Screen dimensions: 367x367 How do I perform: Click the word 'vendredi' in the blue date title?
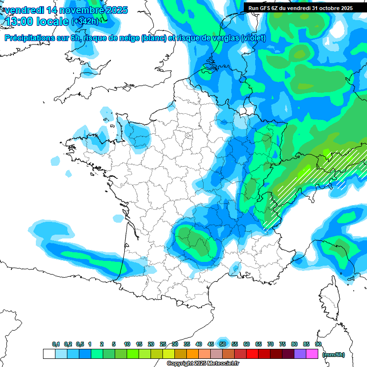[x=24, y=10]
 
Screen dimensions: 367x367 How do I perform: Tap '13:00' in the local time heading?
[x=20, y=21]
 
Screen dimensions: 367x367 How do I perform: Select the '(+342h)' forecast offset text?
[x=85, y=21]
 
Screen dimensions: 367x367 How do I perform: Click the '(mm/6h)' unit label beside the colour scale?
[x=334, y=354]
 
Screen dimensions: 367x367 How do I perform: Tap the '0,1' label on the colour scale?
[x=56, y=344]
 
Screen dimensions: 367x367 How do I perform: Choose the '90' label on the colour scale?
[x=318, y=344]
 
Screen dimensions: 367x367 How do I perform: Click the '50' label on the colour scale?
[x=223, y=344]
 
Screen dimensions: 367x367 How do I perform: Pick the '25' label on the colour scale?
[x=163, y=344]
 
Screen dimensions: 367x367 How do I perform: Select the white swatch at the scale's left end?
[x=49, y=354]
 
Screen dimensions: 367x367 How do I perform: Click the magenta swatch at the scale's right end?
[x=312, y=354]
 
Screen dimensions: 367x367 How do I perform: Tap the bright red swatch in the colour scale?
[x=252, y=354]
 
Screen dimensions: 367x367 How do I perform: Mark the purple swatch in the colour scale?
[x=300, y=354]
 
